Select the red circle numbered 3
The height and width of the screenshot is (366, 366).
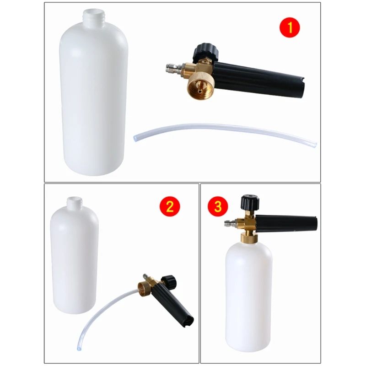click(x=218, y=206)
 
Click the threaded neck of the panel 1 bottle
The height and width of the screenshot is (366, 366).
click(x=95, y=18)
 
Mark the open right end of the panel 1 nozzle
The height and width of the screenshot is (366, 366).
click(x=302, y=89)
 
